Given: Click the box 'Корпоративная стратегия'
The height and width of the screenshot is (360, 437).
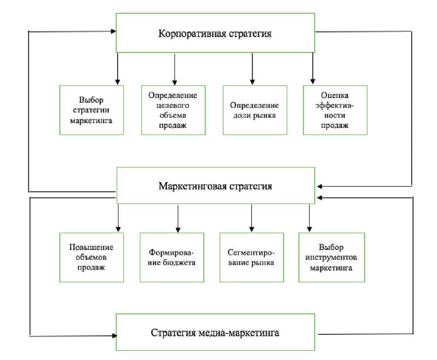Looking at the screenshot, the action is pyautogui.click(x=215, y=33).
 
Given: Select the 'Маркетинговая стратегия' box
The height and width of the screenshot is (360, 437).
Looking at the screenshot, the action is pyautogui.click(x=216, y=185).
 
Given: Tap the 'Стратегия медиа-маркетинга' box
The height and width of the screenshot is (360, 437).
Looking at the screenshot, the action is pyautogui.click(x=215, y=332).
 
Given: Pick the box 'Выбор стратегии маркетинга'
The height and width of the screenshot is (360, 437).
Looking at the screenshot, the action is pyautogui.click(x=91, y=111).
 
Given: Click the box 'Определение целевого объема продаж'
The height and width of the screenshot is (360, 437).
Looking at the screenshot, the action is pyautogui.click(x=173, y=111).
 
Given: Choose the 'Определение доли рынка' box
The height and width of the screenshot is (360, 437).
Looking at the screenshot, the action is pyautogui.click(x=255, y=111).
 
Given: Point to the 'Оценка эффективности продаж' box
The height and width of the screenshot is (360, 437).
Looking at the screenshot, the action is pyautogui.click(x=335, y=111).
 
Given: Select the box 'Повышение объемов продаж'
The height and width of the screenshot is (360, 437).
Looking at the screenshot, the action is pyautogui.click(x=91, y=258).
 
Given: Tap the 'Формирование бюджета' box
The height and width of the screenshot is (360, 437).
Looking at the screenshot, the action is pyautogui.click(x=172, y=258).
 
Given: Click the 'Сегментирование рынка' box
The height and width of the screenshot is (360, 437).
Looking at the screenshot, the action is pyautogui.click(x=251, y=258).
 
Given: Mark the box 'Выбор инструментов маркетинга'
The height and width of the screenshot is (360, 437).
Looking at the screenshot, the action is pyautogui.click(x=331, y=258).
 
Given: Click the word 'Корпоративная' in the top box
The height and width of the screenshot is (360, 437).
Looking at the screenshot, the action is pyautogui.click(x=192, y=33).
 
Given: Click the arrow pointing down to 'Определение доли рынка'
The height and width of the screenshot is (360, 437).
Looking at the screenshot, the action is pyautogui.click(x=252, y=69).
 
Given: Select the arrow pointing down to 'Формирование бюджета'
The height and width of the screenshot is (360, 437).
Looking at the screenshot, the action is pyautogui.click(x=178, y=218).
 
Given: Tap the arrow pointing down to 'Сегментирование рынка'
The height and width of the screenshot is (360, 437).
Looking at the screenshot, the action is pyautogui.click(x=252, y=218).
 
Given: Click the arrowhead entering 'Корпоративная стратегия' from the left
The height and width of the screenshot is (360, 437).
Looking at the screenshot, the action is pyautogui.click(x=113, y=31).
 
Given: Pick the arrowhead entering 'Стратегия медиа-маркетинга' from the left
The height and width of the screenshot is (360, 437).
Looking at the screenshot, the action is pyautogui.click(x=114, y=336).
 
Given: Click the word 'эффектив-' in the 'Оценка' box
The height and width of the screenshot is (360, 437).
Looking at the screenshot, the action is pyautogui.click(x=335, y=106).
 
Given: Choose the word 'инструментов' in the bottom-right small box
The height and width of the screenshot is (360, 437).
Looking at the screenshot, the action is pyautogui.click(x=331, y=257).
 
